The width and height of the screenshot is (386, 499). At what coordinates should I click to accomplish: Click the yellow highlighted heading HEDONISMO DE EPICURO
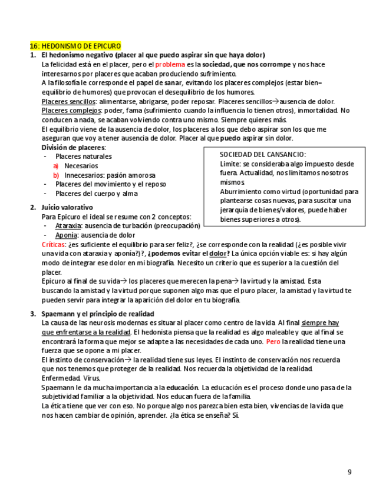click(x=75, y=46)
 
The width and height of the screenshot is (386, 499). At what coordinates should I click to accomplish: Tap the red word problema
click(x=170, y=64)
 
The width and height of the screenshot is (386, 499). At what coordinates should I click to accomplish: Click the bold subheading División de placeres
click(x=74, y=147)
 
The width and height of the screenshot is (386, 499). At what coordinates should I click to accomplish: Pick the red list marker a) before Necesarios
click(x=56, y=166)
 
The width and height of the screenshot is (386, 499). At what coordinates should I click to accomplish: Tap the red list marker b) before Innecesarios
click(x=56, y=175)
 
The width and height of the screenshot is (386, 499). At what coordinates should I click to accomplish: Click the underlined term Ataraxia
click(x=68, y=226)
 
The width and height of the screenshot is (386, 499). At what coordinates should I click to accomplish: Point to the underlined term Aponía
click(x=66, y=235)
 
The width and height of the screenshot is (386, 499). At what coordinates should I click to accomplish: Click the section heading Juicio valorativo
click(x=67, y=207)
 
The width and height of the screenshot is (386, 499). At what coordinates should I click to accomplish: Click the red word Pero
click(x=273, y=341)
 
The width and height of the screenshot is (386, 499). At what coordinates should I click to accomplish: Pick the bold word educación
click(x=182, y=388)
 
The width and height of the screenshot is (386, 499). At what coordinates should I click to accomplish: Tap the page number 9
click(x=349, y=471)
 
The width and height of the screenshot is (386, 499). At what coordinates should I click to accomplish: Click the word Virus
click(x=91, y=378)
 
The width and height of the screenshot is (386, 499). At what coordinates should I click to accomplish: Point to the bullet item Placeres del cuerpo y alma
click(x=97, y=194)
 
